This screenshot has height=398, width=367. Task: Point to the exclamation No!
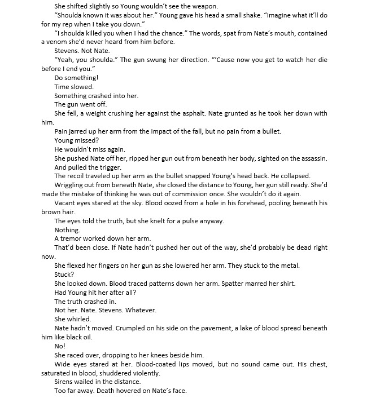(x=60, y=346)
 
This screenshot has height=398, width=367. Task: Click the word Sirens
(x=65, y=382)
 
